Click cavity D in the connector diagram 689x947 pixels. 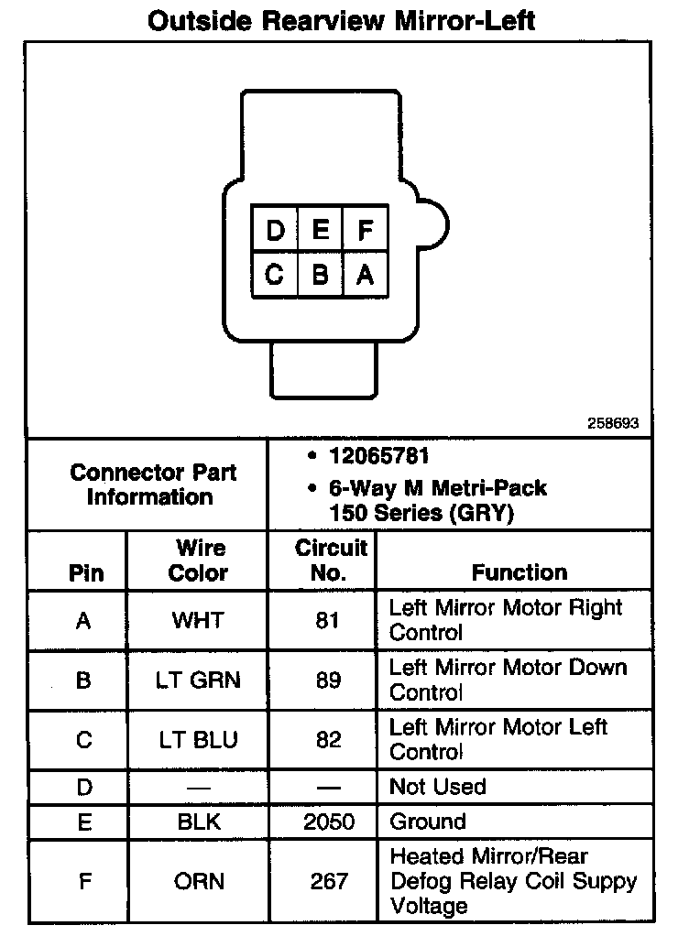275,229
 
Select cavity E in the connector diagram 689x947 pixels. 320,229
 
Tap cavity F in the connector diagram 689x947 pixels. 365,229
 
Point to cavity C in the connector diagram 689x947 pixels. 275,274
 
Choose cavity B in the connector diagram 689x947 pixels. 320,274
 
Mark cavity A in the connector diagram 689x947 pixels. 365,274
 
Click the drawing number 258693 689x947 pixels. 613,424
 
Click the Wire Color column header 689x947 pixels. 199,561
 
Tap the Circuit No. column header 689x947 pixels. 330,561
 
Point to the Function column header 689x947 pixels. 519,572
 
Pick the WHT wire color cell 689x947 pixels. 198,620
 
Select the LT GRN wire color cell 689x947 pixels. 198,680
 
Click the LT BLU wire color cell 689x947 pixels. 198,740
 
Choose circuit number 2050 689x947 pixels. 329,822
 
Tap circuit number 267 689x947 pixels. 329,881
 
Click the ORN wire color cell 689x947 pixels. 198,881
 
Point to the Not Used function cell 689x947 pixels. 437,787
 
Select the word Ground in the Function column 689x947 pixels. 428,822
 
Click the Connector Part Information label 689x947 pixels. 153,484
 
